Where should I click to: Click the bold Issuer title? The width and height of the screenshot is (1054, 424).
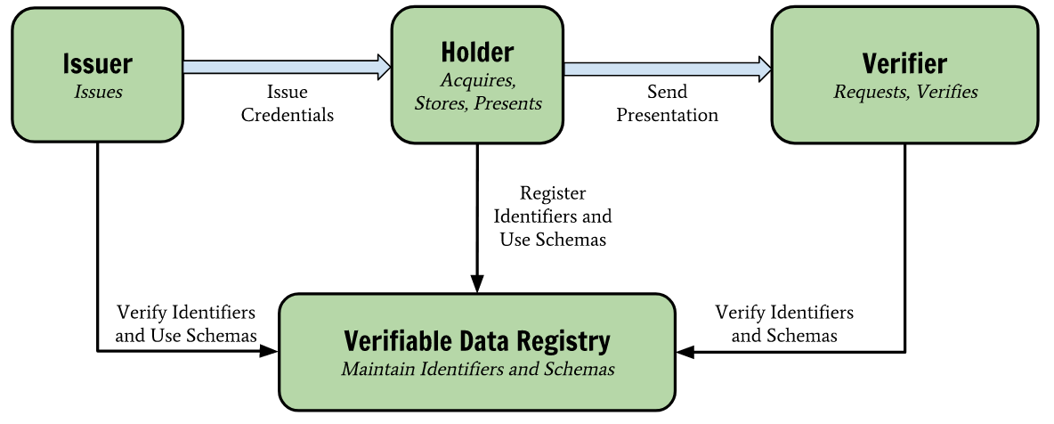98,64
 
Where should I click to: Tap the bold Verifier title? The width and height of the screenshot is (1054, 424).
904,64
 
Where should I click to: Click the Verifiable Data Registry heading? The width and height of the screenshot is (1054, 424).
477,341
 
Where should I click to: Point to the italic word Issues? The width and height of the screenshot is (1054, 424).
98,92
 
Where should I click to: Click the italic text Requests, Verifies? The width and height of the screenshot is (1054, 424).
904,92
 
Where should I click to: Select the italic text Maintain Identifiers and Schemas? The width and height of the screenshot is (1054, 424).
477,369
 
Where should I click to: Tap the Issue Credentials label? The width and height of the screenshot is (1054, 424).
288,103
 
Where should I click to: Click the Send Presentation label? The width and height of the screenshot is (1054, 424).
667,103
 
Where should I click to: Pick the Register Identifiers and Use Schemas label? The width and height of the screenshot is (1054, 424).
553,216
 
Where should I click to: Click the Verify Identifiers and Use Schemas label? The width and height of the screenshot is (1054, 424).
186,324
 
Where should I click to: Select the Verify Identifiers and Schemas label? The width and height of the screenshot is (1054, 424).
784,324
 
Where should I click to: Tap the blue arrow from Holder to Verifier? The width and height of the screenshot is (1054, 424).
667,67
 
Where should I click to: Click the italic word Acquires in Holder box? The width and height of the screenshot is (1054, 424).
478,80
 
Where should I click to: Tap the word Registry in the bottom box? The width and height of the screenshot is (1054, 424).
566,341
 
